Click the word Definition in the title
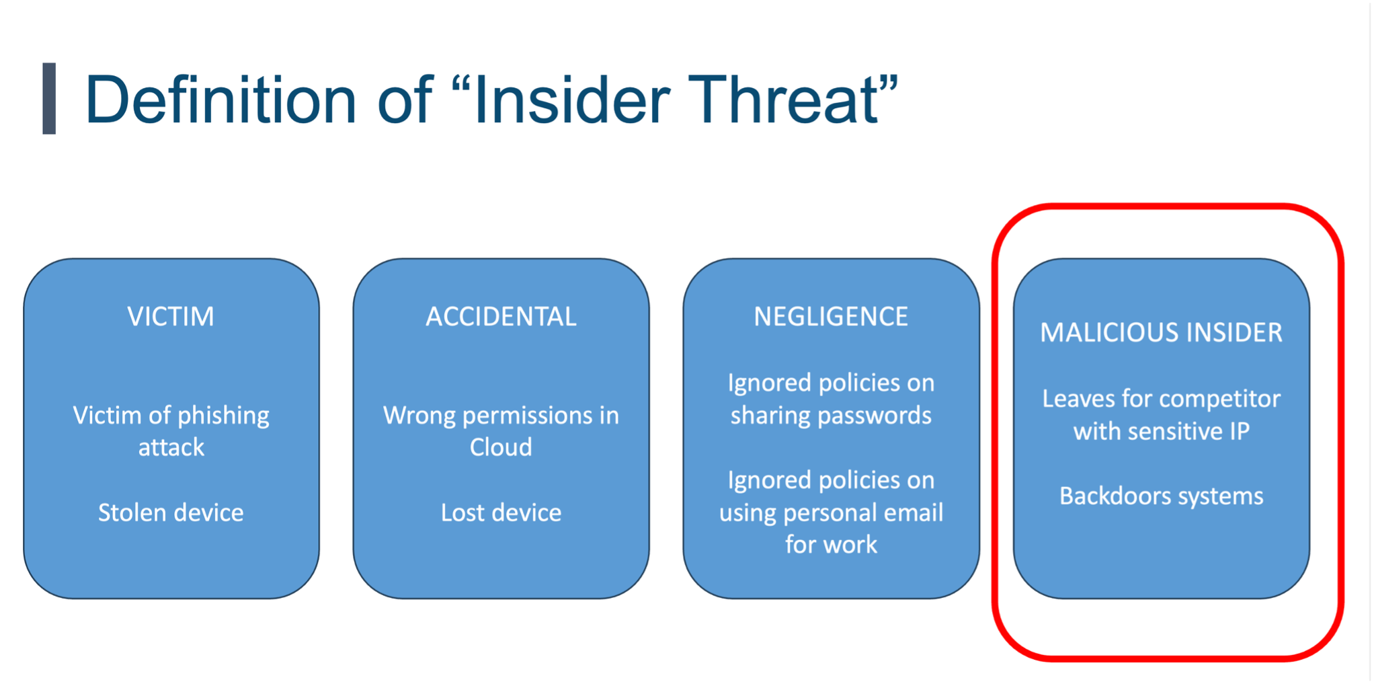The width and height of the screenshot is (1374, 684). pyautogui.click(x=220, y=100)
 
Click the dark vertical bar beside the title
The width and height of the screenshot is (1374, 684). pyautogui.click(x=49, y=98)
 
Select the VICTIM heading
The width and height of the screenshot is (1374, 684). pyautogui.click(x=171, y=316)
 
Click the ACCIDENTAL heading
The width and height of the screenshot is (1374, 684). pyautogui.click(x=501, y=316)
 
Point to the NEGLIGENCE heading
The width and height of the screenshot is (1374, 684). pyautogui.click(x=831, y=316)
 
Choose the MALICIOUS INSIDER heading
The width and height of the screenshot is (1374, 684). pyautogui.click(x=1161, y=332)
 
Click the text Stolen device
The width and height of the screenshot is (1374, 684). pyautogui.click(x=171, y=512)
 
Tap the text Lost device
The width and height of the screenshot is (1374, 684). pyautogui.click(x=501, y=512)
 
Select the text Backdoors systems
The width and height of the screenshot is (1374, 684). pyautogui.click(x=1161, y=496)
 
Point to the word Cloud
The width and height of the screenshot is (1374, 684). pyautogui.click(x=501, y=447)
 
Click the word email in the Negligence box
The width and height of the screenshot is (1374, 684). pyautogui.click(x=913, y=513)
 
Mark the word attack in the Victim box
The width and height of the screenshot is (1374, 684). pyautogui.click(x=171, y=447)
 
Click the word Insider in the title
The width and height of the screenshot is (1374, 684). pyautogui.click(x=571, y=100)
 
